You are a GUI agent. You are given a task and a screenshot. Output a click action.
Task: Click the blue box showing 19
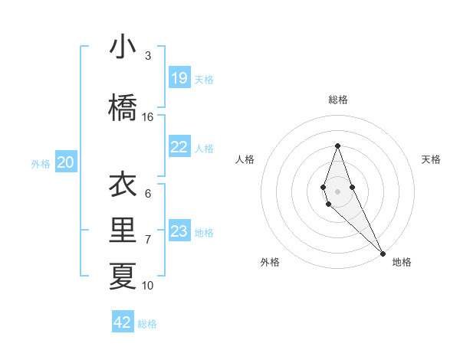179,78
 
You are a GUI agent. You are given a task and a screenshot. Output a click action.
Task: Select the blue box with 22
179,147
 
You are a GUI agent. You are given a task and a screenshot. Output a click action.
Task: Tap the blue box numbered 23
179,231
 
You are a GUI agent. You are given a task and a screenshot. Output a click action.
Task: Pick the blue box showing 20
66,162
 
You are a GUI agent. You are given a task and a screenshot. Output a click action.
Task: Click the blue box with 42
123,322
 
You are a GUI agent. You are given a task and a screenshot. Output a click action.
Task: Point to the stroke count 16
148,117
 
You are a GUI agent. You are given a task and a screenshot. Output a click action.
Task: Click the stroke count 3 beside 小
148,56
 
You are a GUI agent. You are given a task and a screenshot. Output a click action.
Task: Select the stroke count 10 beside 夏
148,286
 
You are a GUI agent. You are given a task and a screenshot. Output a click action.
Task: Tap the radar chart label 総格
338,100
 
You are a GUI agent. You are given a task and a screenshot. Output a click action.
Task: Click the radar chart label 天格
432,159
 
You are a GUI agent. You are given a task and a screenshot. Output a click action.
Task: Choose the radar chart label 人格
245,159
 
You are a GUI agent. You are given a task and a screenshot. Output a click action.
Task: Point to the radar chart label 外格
270,262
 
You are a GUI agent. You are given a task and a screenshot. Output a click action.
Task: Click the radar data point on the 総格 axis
337,146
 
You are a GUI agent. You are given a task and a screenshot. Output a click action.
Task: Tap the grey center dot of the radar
337,191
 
